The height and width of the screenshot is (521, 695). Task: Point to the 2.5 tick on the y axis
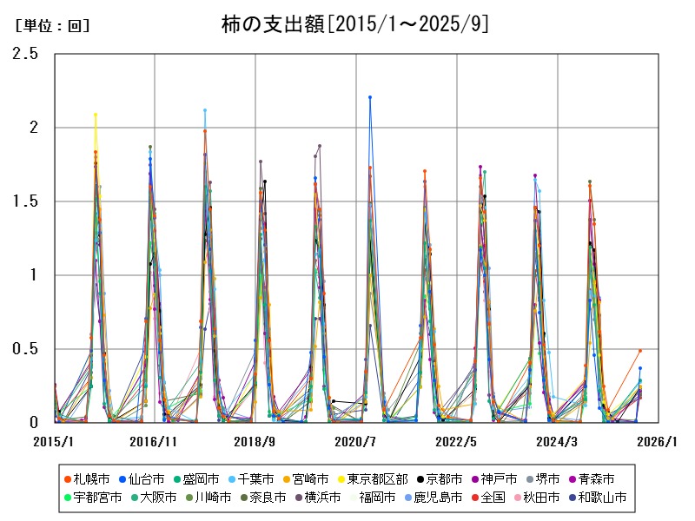tap(27, 54)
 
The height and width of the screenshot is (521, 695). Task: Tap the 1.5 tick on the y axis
tap(27, 201)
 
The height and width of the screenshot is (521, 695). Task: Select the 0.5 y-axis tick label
tap(27, 349)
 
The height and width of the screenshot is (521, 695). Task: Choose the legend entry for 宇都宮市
tap(92, 498)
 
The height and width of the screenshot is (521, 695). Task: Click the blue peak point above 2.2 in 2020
tap(370, 97)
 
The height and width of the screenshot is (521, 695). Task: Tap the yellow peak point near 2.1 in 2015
tap(96, 115)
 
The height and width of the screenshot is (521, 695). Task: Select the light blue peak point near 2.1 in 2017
tap(205, 110)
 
